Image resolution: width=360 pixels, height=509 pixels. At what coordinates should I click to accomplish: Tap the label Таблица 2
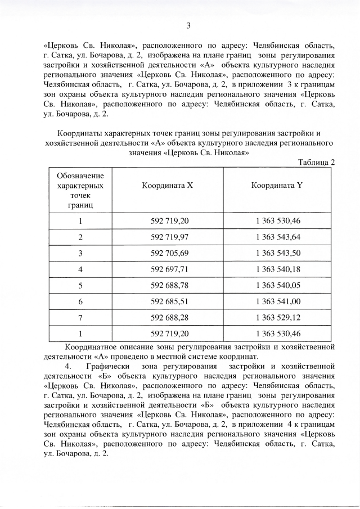pyautogui.click(x=316, y=162)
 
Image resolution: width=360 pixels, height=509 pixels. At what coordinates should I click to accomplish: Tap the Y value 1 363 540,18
pyautogui.click(x=277, y=269)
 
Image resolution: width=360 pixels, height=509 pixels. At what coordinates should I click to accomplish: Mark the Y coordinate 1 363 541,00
pyautogui.click(x=277, y=301)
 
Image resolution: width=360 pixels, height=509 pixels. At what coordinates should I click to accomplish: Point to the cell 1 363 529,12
pyautogui.click(x=277, y=318)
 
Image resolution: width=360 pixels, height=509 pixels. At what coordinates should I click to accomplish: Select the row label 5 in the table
pyautogui.click(x=80, y=285)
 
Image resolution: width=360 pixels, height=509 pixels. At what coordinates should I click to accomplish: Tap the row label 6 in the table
pyautogui.click(x=80, y=301)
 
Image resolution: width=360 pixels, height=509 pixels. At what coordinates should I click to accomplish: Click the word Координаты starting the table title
pyautogui.click(x=82, y=133)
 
